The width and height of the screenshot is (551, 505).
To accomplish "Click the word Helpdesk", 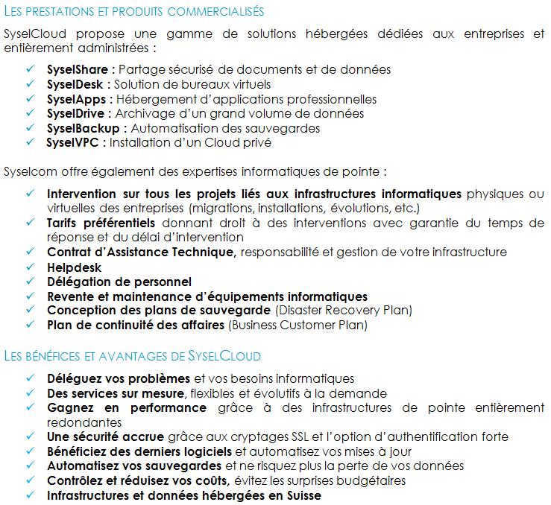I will pos(75,267).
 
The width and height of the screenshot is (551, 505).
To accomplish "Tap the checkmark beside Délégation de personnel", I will pos(31,281).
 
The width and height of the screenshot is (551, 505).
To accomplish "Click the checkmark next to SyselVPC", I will pos(31,142).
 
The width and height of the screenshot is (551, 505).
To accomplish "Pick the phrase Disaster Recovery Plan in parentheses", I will pos(344,310).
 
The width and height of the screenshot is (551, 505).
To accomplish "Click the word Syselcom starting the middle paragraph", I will pos(28,171).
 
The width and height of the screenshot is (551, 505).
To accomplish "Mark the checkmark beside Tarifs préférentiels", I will pos(31,223).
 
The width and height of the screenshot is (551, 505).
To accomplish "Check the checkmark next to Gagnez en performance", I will pos(31,407).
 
